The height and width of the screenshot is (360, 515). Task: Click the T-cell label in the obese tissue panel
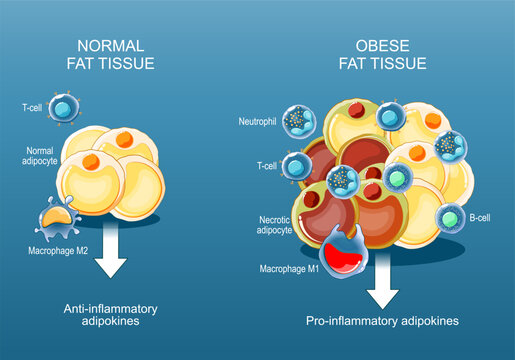[265, 167]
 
